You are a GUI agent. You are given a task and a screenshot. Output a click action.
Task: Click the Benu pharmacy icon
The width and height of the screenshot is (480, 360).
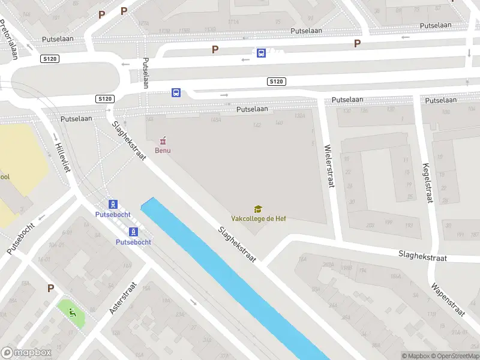click(x=162, y=140)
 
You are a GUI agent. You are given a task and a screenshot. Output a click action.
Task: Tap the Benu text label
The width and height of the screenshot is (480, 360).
click(x=163, y=150)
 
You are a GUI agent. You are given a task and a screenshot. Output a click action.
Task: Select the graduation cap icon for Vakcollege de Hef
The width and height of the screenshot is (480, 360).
click(x=258, y=209)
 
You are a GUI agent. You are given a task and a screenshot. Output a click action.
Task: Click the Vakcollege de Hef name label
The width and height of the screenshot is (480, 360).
click(x=259, y=218)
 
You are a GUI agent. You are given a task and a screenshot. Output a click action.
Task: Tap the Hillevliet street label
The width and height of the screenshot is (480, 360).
click(x=62, y=157)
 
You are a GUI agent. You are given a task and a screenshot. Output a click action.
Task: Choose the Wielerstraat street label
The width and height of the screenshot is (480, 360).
click(x=328, y=166)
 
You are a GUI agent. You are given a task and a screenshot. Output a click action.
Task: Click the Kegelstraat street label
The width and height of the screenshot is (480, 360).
click(x=427, y=182)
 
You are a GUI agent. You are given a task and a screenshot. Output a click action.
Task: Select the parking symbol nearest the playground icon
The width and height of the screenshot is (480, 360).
click(x=50, y=288)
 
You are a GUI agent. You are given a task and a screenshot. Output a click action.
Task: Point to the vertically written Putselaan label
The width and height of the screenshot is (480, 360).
click(x=145, y=73)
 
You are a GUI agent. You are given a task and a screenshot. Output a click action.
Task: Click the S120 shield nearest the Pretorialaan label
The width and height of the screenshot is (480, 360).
click(x=50, y=58)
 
